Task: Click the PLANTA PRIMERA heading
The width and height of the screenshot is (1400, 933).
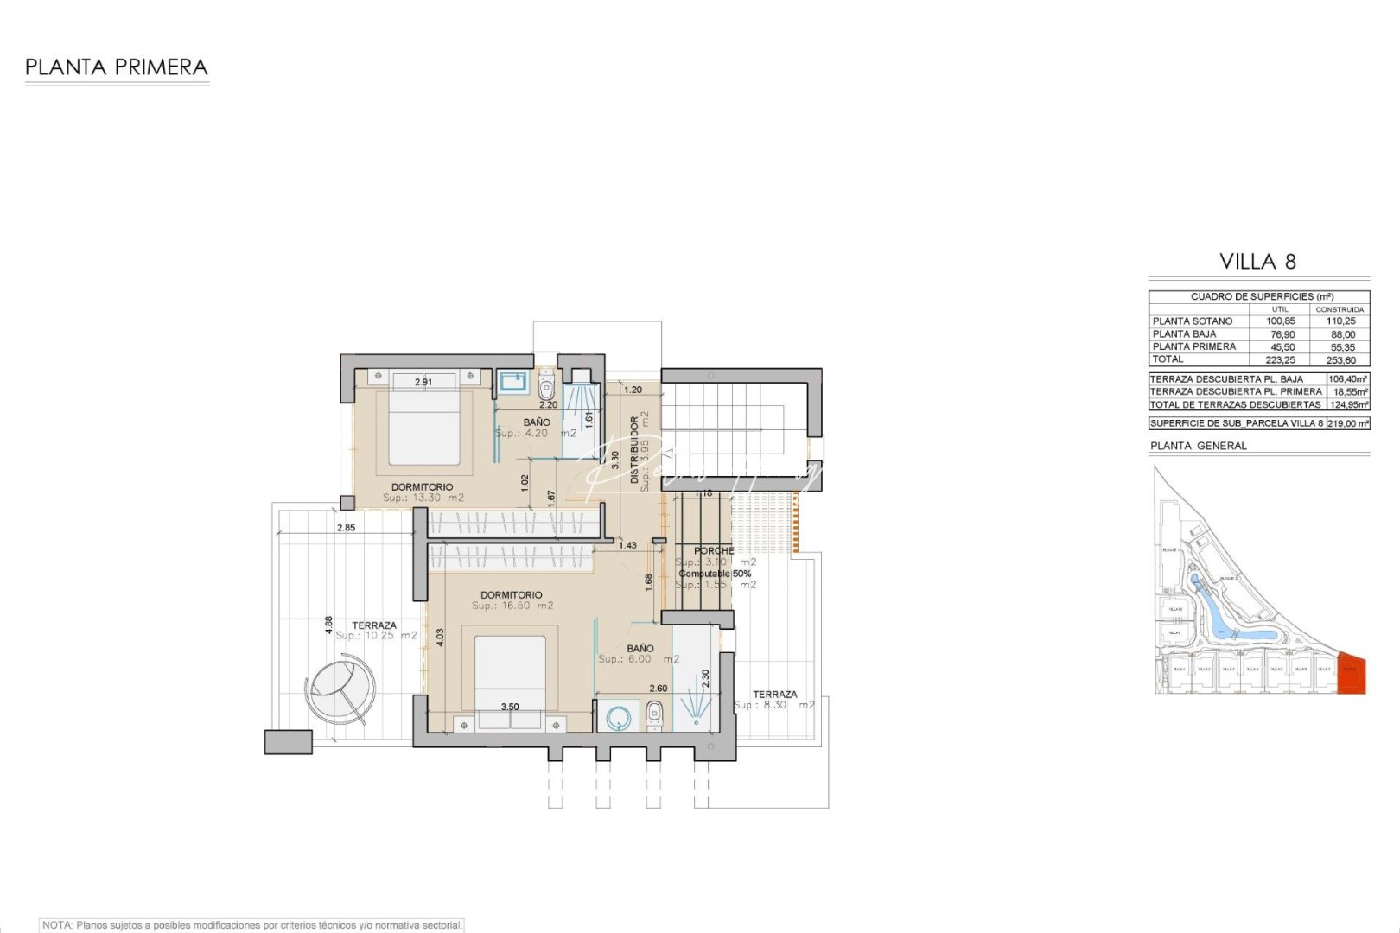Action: point(117,67)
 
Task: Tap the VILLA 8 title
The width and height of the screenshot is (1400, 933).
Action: point(1257,262)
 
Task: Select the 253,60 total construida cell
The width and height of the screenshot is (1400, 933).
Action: point(1340,360)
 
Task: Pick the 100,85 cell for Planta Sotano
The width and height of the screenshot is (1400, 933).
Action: point(1280,321)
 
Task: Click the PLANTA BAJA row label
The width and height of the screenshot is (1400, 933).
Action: point(1184,334)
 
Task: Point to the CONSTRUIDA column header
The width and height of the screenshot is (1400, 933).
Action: point(1340,309)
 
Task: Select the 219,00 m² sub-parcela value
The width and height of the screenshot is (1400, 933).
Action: point(1347,423)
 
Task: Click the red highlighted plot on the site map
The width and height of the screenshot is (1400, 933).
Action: point(1352,674)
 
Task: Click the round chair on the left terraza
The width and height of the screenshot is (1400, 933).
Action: point(341,687)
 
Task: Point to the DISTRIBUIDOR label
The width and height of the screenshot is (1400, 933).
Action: point(635,449)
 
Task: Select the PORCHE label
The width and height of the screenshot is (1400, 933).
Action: point(714,551)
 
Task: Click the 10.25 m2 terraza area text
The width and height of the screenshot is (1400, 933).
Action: point(376,636)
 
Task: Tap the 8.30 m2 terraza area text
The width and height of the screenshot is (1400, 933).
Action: point(774,706)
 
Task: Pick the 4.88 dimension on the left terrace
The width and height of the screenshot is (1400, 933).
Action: point(328,625)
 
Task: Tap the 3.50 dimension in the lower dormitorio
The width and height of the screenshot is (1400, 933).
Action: point(510,707)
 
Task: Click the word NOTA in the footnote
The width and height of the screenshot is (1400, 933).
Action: point(56,925)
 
